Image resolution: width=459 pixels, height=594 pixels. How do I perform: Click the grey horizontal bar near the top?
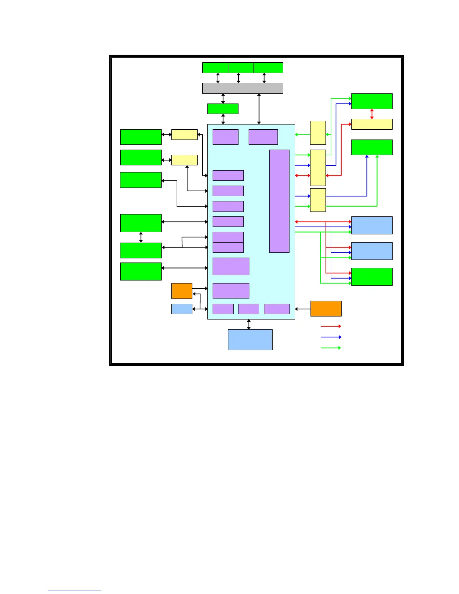point(242,88)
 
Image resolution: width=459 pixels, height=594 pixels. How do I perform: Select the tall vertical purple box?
point(279,201)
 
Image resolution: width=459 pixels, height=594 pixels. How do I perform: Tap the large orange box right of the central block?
point(325,309)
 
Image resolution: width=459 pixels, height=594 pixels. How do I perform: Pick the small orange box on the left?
point(181,291)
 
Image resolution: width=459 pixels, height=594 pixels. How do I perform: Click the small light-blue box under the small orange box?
point(181,309)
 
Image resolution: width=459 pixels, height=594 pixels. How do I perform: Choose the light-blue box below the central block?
point(250,339)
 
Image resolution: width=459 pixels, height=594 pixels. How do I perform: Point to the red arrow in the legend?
point(330,326)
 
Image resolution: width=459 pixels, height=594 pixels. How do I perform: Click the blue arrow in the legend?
point(330,337)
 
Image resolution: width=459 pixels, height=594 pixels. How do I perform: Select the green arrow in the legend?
point(330,348)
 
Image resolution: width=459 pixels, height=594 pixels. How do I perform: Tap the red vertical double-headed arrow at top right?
point(372,114)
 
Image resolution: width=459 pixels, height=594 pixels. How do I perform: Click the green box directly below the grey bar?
point(222,108)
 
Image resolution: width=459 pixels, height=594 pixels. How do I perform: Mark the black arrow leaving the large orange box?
point(303,309)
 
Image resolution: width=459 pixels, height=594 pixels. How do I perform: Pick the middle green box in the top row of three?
point(241,68)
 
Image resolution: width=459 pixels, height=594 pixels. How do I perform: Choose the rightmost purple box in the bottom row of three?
point(277,309)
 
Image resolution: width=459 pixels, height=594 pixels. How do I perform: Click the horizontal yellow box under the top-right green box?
point(372,124)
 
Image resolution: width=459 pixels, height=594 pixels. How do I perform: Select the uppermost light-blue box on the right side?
point(372,225)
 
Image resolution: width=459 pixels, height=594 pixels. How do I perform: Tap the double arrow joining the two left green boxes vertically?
point(141,237)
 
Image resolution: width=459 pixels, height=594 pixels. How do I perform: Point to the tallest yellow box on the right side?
point(318,168)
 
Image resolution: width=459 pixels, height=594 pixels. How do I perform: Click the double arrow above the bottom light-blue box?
point(249,324)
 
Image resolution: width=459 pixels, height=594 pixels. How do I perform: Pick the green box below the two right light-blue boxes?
point(372,276)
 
